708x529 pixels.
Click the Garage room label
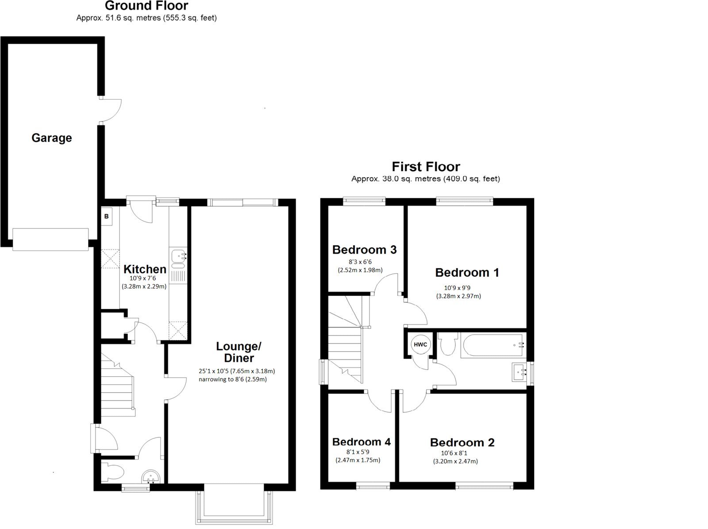click(x=51, y=138)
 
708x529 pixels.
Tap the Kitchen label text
click(x=145, y=269)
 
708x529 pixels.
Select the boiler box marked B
click(x=106, y=216)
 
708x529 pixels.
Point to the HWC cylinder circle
click(x=420, y=344)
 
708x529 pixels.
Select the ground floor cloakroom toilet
click(x=112, y=472)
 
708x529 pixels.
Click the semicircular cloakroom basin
click(x=152, y=477)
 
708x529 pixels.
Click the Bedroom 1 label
click(x=467, y=272)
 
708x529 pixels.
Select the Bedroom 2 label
click(x=462, y=442)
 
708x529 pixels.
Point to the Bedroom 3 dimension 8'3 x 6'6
click(x=360, y=262)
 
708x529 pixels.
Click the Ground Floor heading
click(x=146, y=6)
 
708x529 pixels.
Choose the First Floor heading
click(x=426, y=166)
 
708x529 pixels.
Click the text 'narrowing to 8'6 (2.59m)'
click(x=232, y=379)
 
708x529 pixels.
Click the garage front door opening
click(x=50, y=239)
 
